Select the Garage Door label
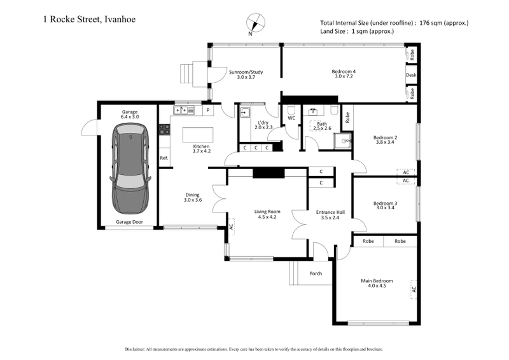click(x=129, y=223)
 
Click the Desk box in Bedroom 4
click(x=412, y=74)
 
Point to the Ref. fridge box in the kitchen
click(x=164, y=158)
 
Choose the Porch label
click(x=316, y=273)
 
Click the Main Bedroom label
click(x=377, y=280)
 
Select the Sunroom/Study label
click(x=246, y=72)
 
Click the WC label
click(x=291, y=118)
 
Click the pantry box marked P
click(x=208, y=111)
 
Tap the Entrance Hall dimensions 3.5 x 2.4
click(x=331, y=218)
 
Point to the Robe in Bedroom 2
click(x=347, y=118)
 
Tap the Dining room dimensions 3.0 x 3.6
click(x=192, y=200)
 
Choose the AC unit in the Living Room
click(x=231, y=226)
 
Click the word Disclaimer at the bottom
click(x=140, y=349)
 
